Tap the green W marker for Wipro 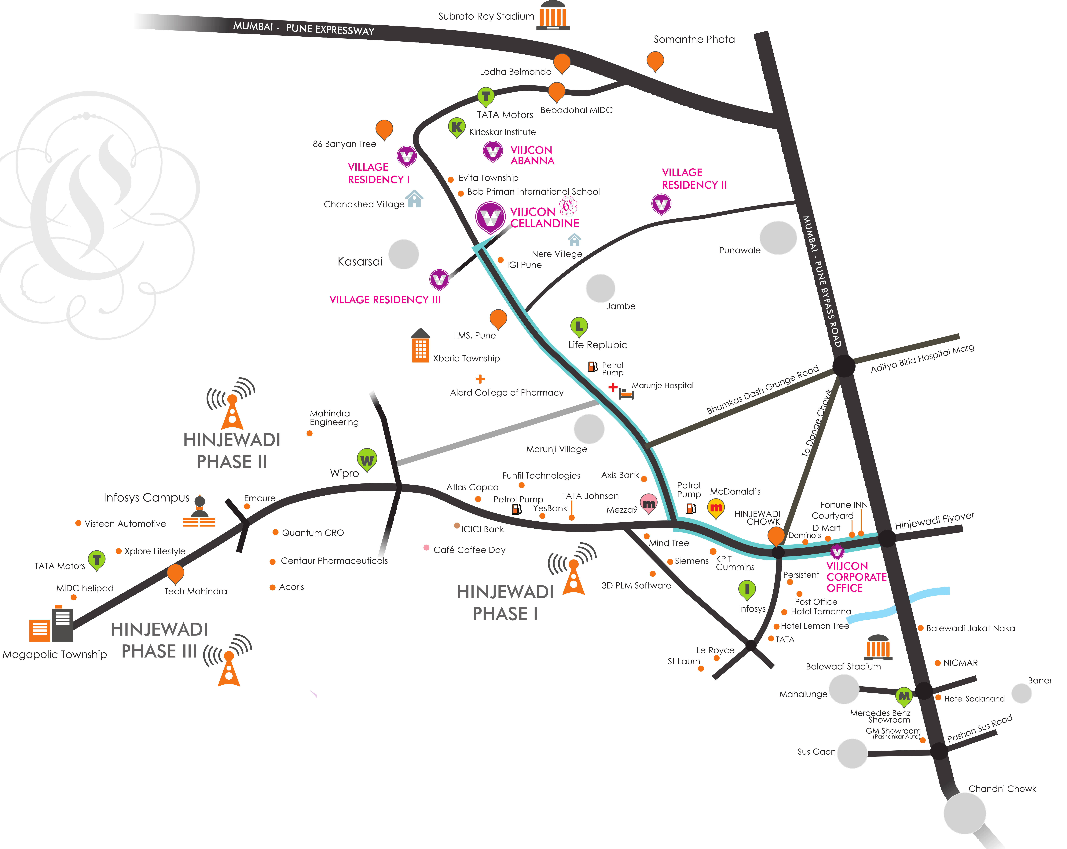click(367, 460)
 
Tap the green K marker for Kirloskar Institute click(456, 127)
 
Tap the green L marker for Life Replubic click(579, 326)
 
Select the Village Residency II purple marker click(661, 203)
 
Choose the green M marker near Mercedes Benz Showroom click(904, 696)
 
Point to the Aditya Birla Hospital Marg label click(922, 358)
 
